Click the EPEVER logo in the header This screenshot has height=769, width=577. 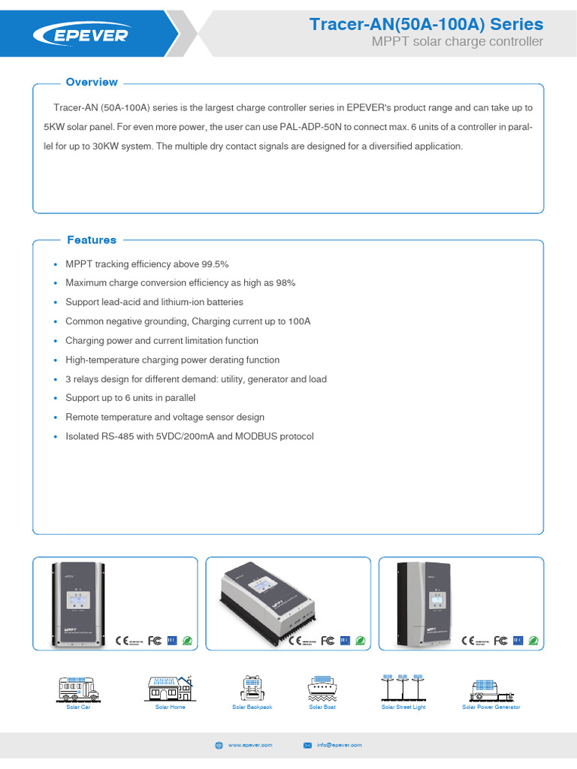[80, 35]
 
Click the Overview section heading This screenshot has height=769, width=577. [92, 82]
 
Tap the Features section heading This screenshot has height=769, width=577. [92, 240]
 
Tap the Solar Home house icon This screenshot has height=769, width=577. [170, 689]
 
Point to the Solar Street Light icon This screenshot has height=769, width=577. [403, 687]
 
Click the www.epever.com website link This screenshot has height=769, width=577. [250, 745]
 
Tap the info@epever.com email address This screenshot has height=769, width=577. [339, 745]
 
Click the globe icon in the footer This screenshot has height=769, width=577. [219, 745]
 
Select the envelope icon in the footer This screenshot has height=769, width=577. [307, 745]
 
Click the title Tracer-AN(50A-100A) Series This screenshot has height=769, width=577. [426, 25]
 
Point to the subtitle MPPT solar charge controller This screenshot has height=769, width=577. [457, 42]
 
